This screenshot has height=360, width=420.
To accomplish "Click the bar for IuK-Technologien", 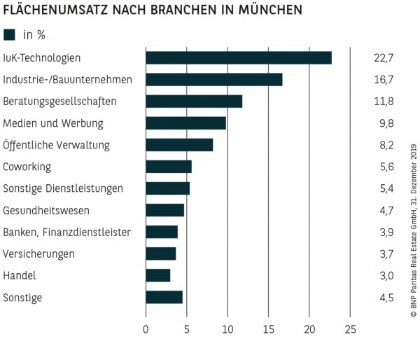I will pyautogui.click(x=239, y=57).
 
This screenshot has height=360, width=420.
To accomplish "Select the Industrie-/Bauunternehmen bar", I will pyautogui.click(x=214, y=79).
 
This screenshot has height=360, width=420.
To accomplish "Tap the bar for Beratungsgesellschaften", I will pyautogui.click(x=194, y=101).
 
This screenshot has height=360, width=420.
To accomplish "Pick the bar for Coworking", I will pyautogui.click(x=169, y=166).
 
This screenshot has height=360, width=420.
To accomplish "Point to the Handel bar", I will pyautogui.click(x=158, y=275).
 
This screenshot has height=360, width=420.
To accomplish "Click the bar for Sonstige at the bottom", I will pyautogui.click(x=164, y=297).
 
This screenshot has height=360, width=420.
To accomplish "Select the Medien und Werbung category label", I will pyautogui.click(x=53, y=123).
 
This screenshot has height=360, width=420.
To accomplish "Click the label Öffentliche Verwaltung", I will pyautogui.click(x=56, y=145).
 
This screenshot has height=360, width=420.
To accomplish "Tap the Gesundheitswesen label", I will pyautogui.click(x=46, y=210).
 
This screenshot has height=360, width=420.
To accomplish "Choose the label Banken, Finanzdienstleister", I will pyautogui.click(x=66, y=232).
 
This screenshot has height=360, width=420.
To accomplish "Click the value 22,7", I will pyautogui.click(x=384, y=57).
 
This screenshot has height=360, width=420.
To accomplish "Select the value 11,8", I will pyautogui.click(x=384, y=102).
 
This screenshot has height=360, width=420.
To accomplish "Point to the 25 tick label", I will pyautogui.click(x=351, y=328).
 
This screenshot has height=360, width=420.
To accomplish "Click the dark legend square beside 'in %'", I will pyautogui.click(x=9, y=34).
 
